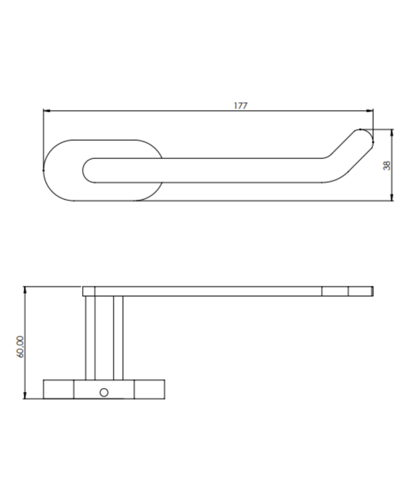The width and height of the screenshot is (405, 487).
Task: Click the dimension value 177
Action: [240, 106]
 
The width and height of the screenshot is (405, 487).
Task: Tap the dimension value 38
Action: [387, 165]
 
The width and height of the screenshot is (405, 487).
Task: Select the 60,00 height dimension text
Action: [21, 347]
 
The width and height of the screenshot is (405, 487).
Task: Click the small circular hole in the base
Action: [104, 393]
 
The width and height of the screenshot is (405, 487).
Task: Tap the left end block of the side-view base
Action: [58, 389]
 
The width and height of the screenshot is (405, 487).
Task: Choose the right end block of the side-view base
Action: [149, 389]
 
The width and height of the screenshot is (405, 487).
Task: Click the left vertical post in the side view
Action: [90, 337]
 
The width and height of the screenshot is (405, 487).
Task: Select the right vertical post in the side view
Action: [118, 337]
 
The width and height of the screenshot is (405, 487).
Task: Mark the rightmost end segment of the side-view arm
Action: [360, 291]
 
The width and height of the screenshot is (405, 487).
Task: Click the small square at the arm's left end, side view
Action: [89, 291]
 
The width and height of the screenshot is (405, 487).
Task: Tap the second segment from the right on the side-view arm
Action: [335, 291]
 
